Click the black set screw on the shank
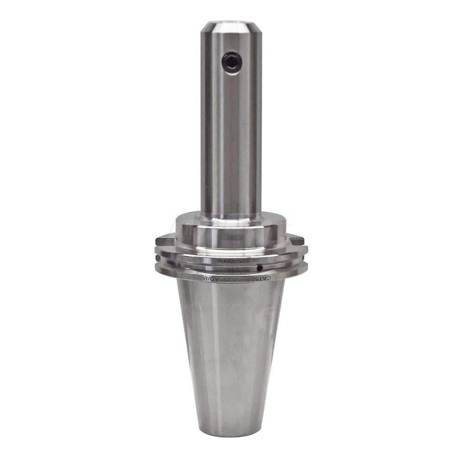pyautogui.click(x=231, y=62)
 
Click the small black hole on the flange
pyautogui.click(x=260, y=267)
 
